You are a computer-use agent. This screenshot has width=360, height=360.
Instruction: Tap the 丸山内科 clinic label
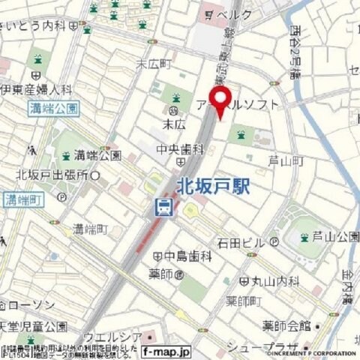(x=274, y=281)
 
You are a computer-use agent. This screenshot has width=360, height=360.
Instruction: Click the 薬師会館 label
(x=286, y=325)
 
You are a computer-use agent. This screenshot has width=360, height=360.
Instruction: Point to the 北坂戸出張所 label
(x=52, y=175)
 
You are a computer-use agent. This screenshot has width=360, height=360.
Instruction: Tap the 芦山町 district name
(x=285, y=161)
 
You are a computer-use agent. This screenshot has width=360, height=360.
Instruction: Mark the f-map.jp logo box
(x=166, y=350)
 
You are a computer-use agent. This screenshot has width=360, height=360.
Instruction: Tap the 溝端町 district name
(x=91, y=228)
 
